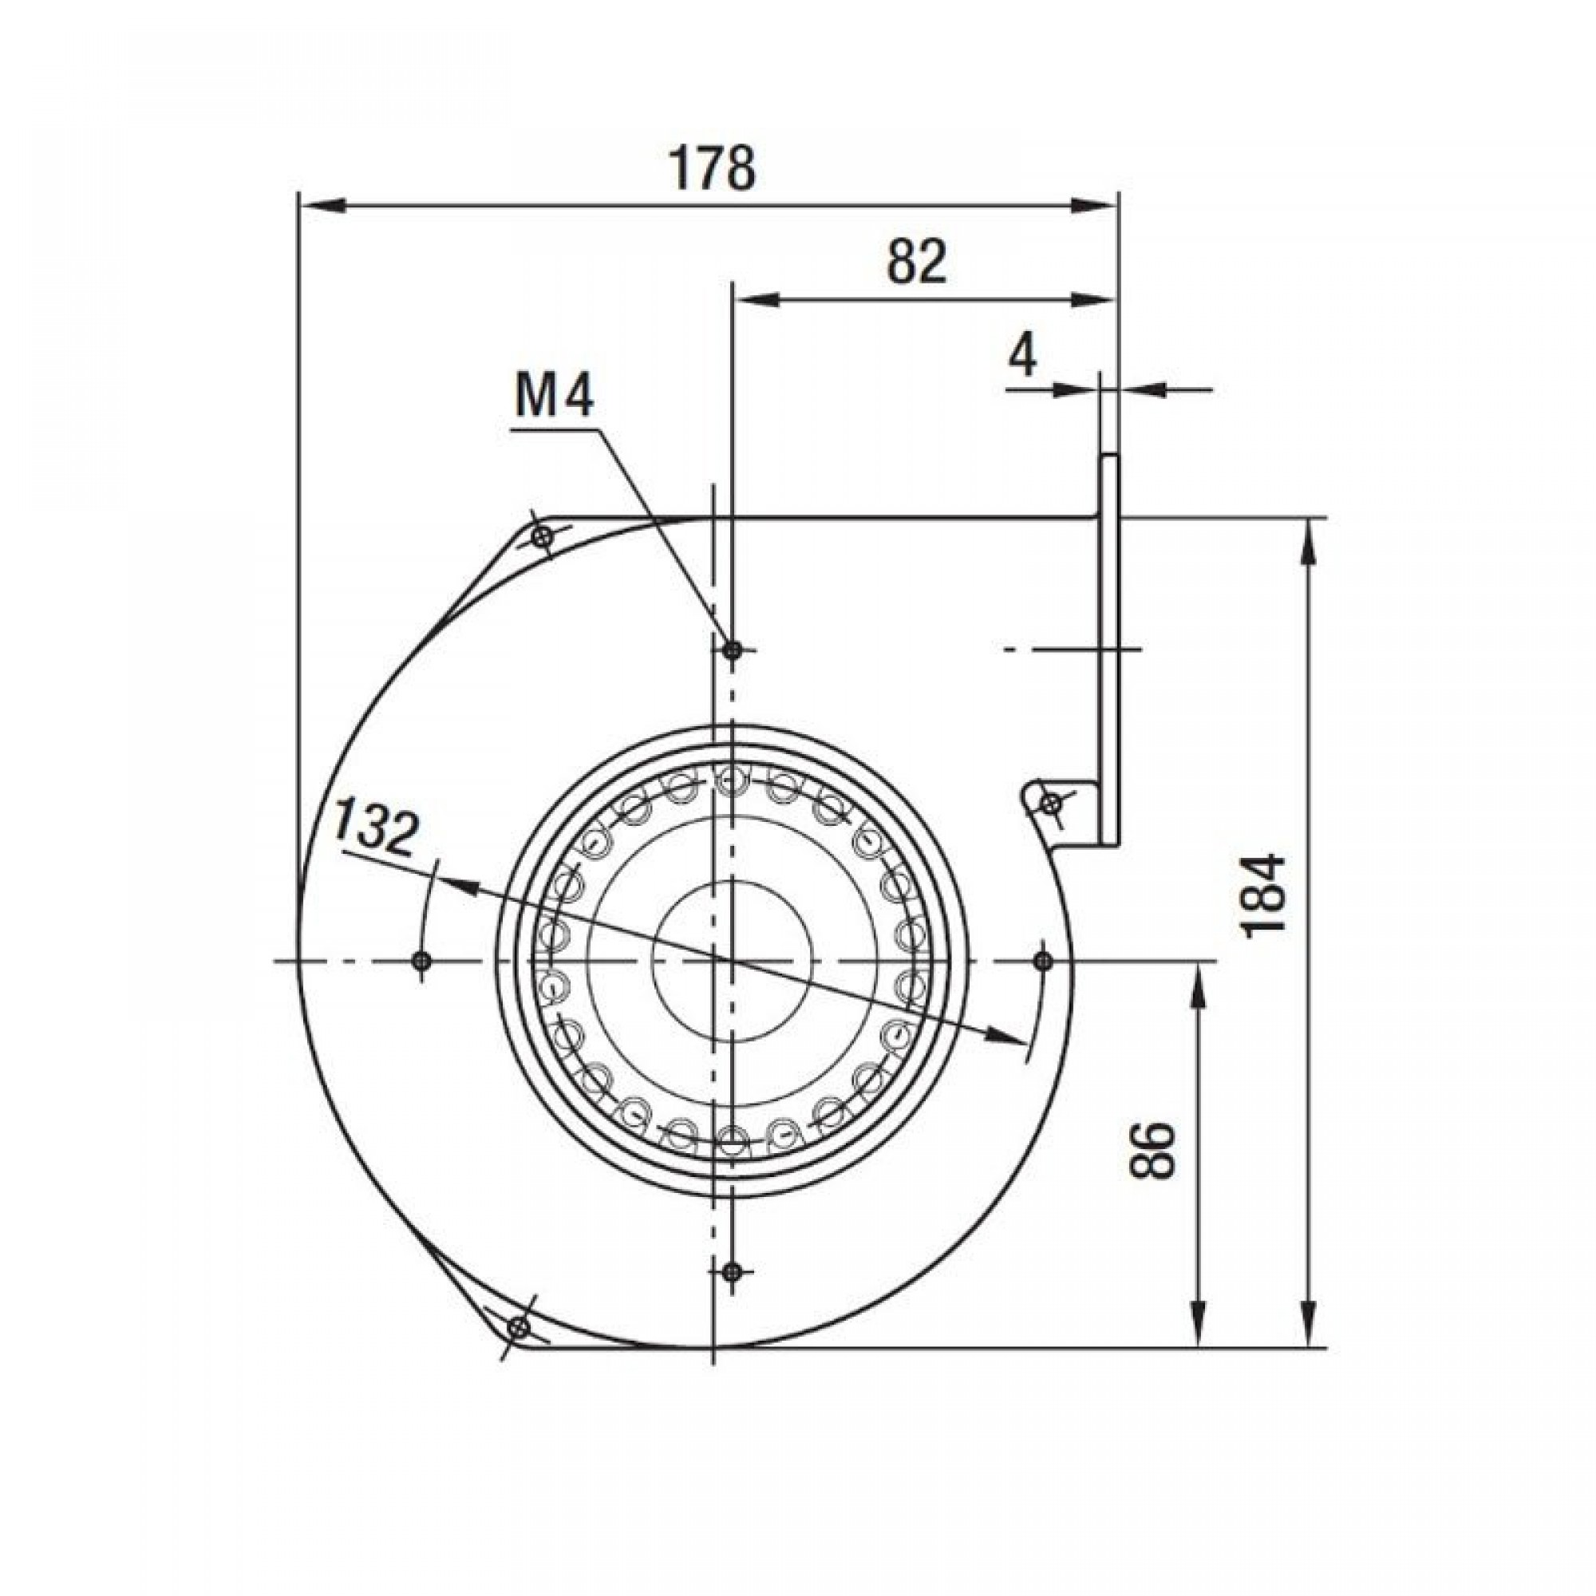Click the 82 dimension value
[x=917, y=262]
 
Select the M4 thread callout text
[x=554, y=399]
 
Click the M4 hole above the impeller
[x=731, y=650]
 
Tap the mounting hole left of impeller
[x=421, y=960]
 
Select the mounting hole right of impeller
[x=1042, y=960]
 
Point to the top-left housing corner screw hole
[x=542, y=538]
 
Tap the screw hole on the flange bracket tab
[x=1052, y=802]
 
